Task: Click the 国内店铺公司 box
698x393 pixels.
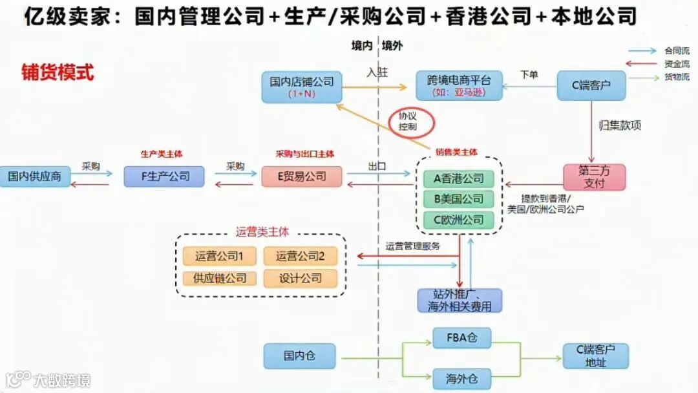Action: [x=302, y=87]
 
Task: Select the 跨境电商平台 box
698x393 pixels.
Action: [x=459, y=86]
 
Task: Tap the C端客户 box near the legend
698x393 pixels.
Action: [x=591, y=85]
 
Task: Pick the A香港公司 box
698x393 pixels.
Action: [x=459, y=178]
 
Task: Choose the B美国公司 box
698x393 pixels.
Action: [x=459, y=199]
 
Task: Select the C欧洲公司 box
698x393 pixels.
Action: [x=459, y=220]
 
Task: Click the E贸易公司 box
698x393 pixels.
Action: [x=302, y=176]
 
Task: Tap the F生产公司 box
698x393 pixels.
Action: [x=164, y=176]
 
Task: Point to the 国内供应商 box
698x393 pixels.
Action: [x=35, y=176]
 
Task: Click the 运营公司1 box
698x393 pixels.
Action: [x=219, y=257]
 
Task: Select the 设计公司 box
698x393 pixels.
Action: [x=301, y=279]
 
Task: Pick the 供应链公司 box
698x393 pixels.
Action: [x=219, y=279]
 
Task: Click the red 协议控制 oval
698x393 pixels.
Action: [x=412, y=120]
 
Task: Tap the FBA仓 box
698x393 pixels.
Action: [x=460, y=338]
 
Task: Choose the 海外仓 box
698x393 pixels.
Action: [x=460, y=377]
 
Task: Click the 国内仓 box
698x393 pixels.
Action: [x=299, y=356]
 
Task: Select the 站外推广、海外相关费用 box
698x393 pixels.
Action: [x=460, y=301]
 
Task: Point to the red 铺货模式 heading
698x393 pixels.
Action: [x=58, y=72]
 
